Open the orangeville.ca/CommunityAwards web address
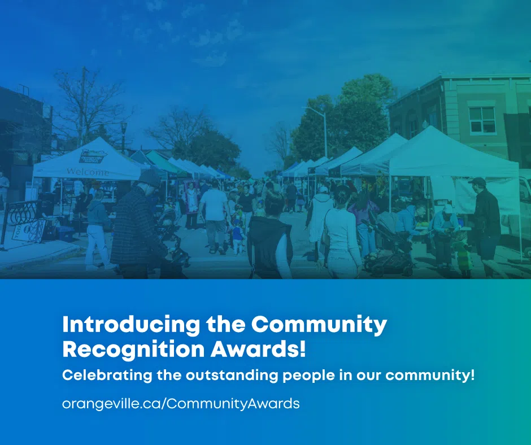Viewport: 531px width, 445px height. pos(180,403)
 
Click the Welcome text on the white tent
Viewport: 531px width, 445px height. pos(88,171)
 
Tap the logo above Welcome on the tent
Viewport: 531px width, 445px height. pos(92,157)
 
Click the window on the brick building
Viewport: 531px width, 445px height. pos(482,120)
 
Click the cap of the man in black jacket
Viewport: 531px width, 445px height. pos(478,182)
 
